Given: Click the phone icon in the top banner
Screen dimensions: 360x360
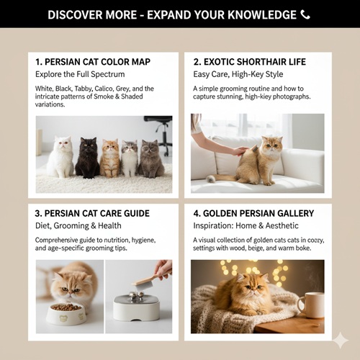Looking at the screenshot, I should (x=306, y=14).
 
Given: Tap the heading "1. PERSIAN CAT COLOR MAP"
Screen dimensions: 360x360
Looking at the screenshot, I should (x=94, y=61).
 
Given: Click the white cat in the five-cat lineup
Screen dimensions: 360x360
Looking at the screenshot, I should (x=60, y=158).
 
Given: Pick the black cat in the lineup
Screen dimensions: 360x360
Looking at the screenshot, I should (x=88, y=158).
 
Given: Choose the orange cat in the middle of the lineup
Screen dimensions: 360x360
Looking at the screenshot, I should (x=110, y=158).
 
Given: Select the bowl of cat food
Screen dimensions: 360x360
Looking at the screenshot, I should (x=66, y=312).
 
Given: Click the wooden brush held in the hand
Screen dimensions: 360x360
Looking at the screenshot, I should (x=146, y=281).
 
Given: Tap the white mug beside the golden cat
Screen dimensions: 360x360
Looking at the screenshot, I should (x=310, y=304).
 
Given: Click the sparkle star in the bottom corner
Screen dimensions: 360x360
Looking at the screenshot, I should (x=340, y=340).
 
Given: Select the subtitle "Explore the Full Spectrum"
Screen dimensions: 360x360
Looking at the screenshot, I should (x=80, y=73).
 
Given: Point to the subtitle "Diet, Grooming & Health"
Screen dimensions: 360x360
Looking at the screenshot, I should (x=80, y=225).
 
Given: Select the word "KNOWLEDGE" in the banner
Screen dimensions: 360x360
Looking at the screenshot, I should (x=259, y=14).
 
